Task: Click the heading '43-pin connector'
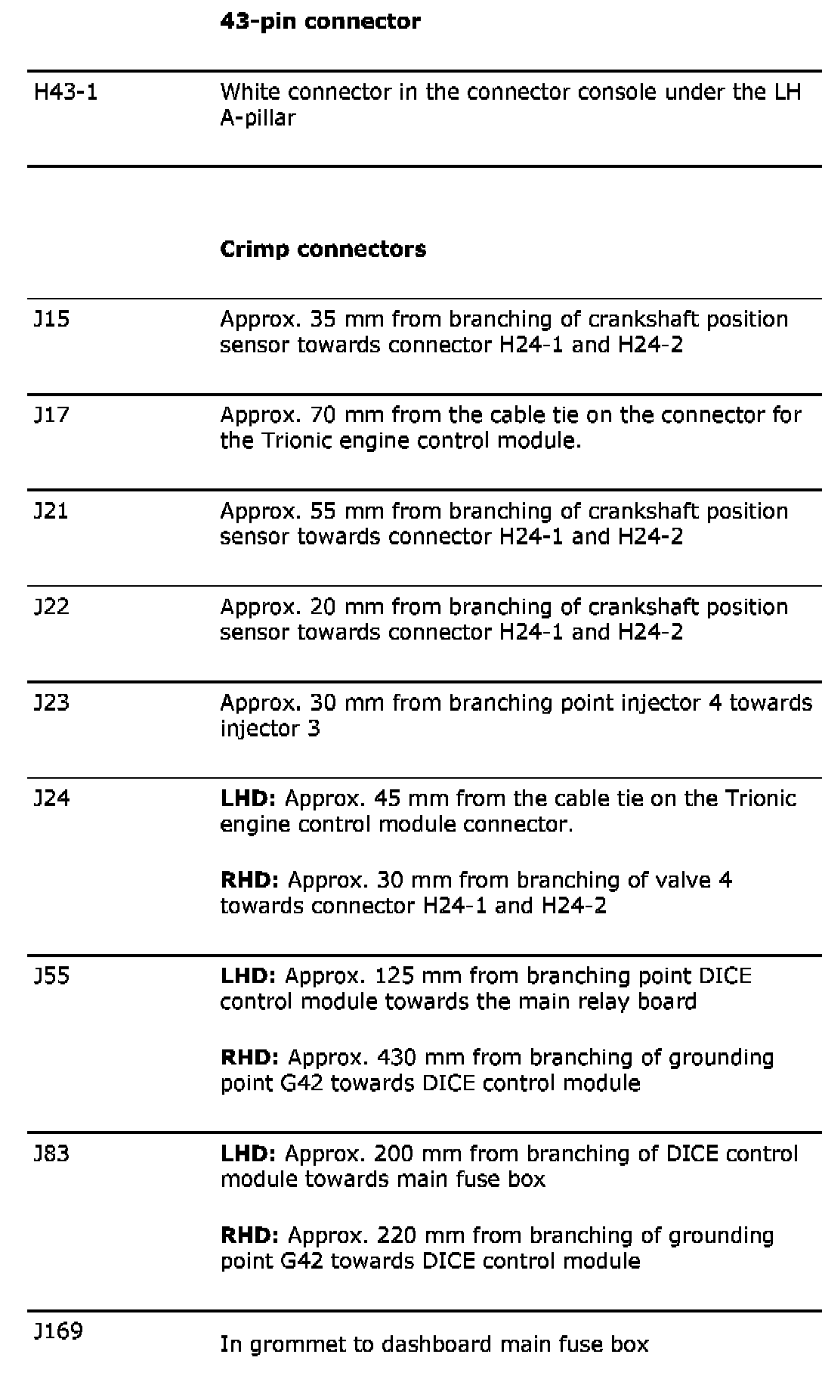coord(320,21)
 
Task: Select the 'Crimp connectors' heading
coord(323,249)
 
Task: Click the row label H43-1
coord(66,92)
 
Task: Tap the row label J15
coord(51,319)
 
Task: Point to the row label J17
coord(51,415)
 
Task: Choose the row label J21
coord(51,511)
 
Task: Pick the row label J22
coord(51,607)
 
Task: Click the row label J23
coord(51,703)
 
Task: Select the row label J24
coord(51,798)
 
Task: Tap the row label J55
coord(51,976)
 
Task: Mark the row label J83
coord(51,1154)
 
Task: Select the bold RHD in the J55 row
coord(249,1058)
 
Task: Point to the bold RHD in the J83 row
coord(249,1235)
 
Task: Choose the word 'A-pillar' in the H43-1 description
coord(257,119)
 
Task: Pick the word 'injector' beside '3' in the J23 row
coord(256,729)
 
